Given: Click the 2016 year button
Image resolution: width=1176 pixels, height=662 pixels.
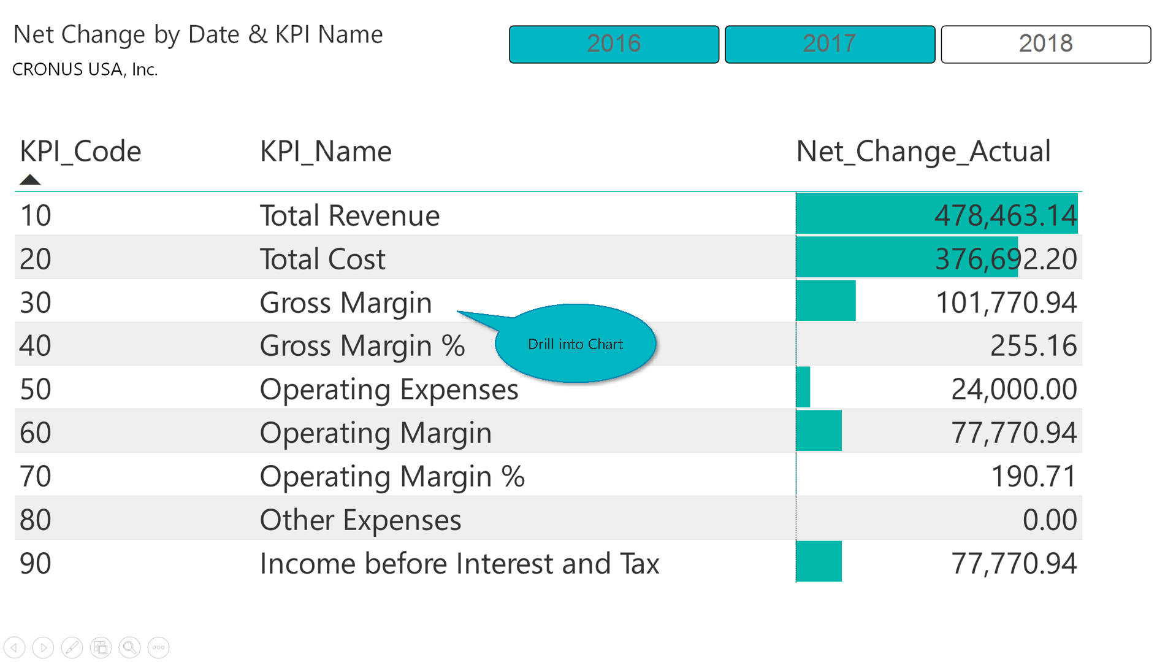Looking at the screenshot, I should click(614, 44).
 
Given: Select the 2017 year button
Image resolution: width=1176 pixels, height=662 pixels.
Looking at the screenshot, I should click(830, 44).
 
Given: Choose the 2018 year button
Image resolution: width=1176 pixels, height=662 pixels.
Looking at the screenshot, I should click(1045, 44).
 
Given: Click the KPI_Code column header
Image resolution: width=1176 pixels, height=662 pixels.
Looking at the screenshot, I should click(80, 152).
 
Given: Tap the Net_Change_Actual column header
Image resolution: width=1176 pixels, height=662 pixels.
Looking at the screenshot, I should click(923, 152).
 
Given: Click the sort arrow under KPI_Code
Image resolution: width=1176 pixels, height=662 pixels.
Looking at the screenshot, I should click(29, 180).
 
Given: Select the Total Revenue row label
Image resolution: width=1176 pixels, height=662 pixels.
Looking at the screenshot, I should click(349, 216).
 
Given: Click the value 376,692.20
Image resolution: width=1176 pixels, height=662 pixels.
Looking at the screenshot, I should click(1006, 259).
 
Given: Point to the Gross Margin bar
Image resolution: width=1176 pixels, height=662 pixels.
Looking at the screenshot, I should click(825, 301).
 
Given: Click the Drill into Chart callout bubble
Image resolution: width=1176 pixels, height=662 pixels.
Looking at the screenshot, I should click(575, 344).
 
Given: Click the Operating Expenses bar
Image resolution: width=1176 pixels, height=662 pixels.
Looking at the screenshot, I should click(803, 387).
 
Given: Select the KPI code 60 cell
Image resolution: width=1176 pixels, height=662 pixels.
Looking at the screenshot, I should click(36, 433).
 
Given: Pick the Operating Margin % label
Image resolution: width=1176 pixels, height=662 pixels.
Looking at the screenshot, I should click(392, 477).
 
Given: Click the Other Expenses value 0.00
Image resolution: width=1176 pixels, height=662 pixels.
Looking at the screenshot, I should click(1049, 520).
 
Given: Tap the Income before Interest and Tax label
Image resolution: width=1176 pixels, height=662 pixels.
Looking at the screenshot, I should click(459, 564).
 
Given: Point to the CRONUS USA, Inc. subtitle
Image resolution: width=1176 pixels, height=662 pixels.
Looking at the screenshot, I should click(85, 69).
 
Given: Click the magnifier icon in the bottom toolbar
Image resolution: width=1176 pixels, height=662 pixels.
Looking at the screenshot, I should click(129, 647).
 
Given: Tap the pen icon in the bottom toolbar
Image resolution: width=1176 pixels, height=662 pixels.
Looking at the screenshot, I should click(72, 647).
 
